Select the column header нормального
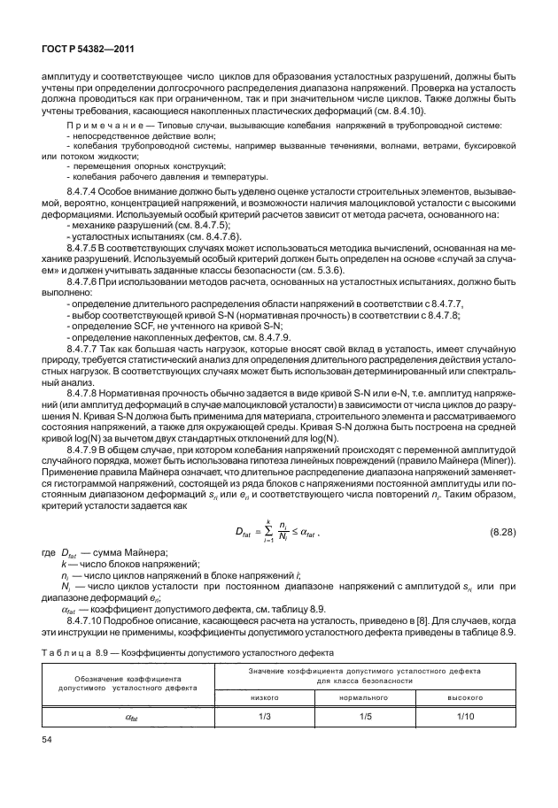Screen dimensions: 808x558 (363, 697)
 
